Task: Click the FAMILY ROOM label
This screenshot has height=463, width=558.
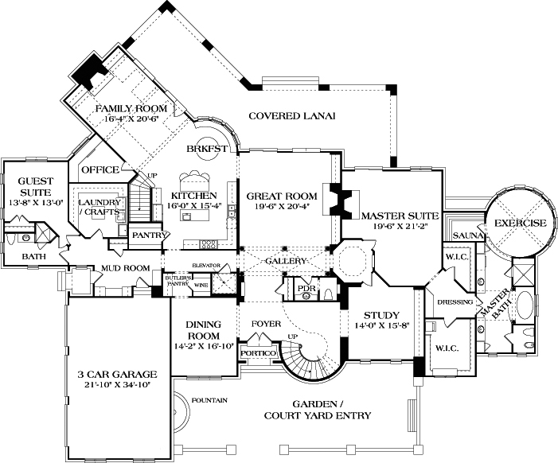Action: [x=131, y=108]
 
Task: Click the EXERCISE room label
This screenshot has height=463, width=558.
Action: [x=521, y=223]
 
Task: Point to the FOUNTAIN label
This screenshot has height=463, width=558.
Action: [x=209, y=399]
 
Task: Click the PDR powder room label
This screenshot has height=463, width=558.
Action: [x=306, y=286]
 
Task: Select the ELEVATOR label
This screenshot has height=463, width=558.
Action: [x=205, y=265]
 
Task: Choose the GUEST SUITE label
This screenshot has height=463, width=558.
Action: [x=35, y=187]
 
